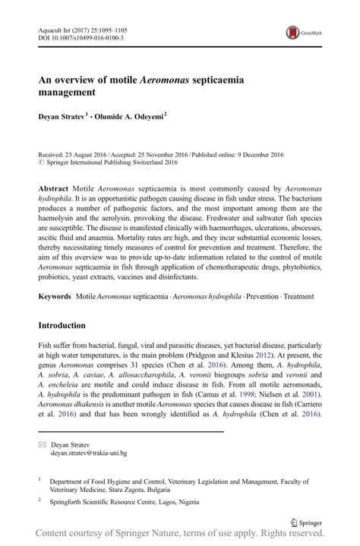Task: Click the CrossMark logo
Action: (302, 33)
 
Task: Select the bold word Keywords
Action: (58, 295)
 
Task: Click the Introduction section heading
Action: (62, 325)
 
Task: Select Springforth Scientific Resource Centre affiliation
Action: (124, 502)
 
